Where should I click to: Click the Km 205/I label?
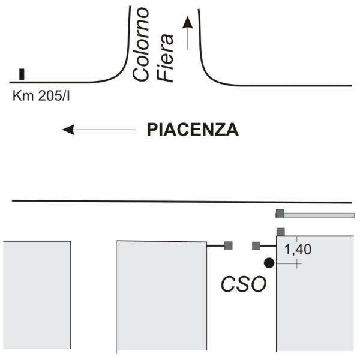tap(40, 94)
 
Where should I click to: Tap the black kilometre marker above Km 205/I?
tap(22, 74)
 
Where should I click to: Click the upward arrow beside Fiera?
tap(188, 33)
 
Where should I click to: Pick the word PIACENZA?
tap(193, 130)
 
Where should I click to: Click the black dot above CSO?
tap(269, 262)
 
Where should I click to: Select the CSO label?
tap(242, 283)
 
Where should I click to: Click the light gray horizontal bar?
tap(318, 215)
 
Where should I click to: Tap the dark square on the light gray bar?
tap(280, 213)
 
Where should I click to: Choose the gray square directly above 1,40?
tap(280, 232)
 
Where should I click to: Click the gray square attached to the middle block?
tap(228, 245)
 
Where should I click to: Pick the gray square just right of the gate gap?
tap(256, 245)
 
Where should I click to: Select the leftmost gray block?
tap(37, 294)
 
